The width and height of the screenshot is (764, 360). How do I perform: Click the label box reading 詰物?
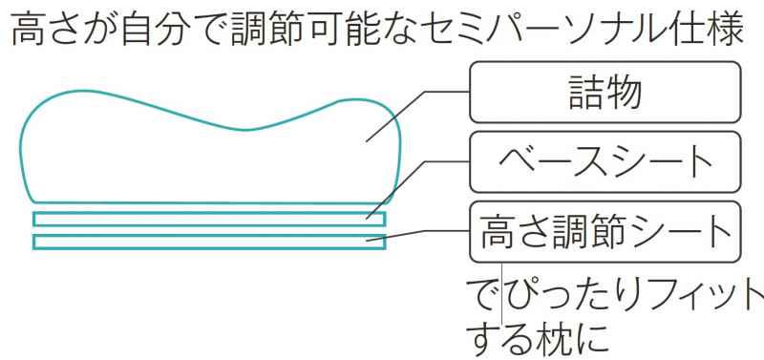point(605,95)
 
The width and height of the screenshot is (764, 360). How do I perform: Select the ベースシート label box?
point(605,164)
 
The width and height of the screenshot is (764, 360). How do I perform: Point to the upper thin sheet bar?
point(209,220)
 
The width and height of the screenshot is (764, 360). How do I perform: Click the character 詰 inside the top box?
point(584,95)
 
